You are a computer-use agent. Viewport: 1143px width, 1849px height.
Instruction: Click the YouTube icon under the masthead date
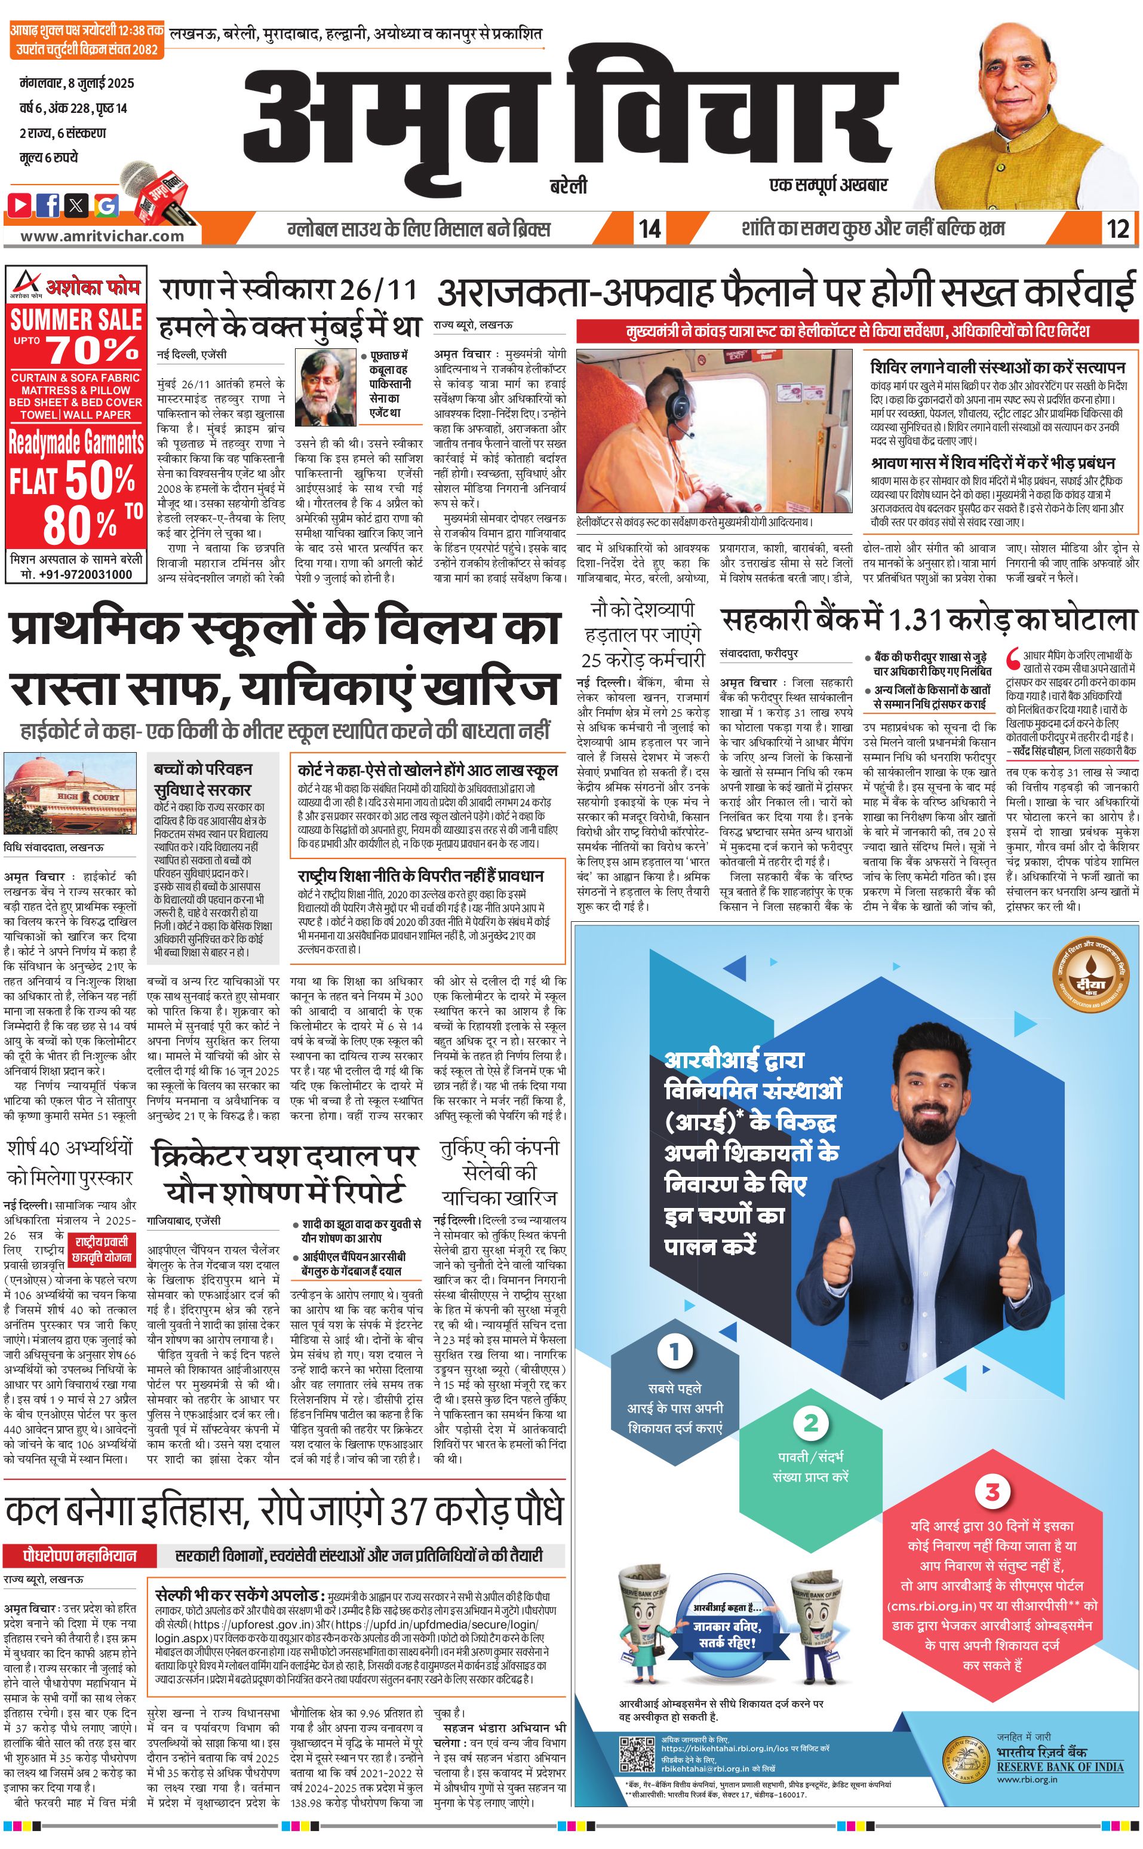coord(20,204)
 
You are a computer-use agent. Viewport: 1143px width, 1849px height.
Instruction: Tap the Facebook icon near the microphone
coord(48,204)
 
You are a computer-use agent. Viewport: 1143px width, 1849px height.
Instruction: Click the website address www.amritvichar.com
coord(102,235)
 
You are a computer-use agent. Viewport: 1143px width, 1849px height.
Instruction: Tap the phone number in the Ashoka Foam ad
coord(76,574)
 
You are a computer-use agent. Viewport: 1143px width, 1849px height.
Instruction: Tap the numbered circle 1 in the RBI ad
coord(674,1351)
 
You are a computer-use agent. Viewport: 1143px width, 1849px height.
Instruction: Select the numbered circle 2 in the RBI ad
coord(810,1422)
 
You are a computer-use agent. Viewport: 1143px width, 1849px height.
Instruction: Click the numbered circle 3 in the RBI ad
coord(992,1491)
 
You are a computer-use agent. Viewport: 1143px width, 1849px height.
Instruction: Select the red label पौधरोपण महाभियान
coord(80,1556)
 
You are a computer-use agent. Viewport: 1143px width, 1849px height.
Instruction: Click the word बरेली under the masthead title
coord(569,185)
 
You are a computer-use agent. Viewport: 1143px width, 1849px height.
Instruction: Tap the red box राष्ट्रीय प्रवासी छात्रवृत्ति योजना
coord(102,1249)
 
